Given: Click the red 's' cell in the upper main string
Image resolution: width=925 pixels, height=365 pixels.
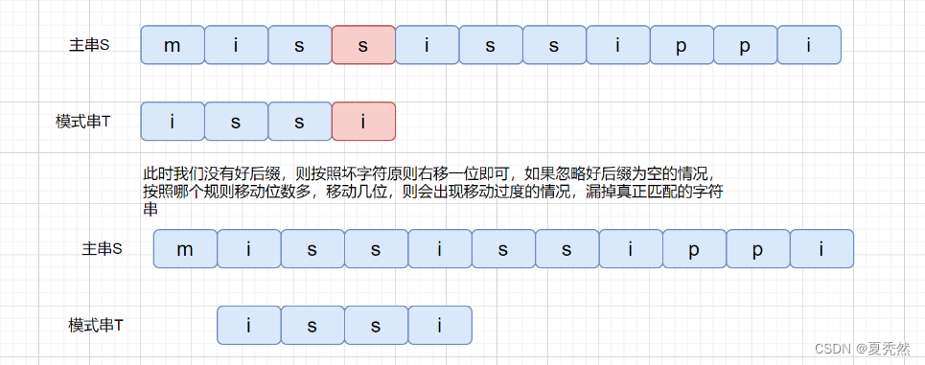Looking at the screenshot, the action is [363, 45].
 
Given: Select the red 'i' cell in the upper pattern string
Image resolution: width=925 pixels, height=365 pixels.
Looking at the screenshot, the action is [363, 122].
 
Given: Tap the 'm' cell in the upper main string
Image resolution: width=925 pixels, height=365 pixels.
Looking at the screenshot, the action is [173, 45].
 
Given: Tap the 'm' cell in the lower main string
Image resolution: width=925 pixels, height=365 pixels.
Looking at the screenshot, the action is [185, 248].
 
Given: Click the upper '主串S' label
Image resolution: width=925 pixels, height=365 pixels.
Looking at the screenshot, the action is [89, 45].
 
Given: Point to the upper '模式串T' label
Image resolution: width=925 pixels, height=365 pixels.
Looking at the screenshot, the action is [82, 122].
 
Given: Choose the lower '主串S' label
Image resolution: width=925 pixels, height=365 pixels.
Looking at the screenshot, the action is [102, 248].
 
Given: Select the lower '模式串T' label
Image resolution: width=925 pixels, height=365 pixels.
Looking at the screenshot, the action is [96, 325].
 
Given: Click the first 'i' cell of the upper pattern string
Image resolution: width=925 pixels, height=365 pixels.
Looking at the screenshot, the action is [173, 122].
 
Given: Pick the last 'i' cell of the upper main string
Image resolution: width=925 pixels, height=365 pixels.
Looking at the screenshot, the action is [809, 45].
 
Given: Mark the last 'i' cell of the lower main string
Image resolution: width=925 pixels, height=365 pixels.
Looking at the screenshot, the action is [821, 248].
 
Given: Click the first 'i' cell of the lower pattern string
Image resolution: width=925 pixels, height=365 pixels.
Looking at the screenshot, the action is [249, 325].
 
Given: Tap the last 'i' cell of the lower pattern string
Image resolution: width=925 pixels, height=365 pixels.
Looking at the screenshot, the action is [440, 325].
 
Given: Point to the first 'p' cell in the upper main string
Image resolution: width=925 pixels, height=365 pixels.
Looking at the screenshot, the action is [682, 45].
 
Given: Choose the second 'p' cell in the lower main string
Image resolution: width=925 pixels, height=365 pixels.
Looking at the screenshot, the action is [757, 248].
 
